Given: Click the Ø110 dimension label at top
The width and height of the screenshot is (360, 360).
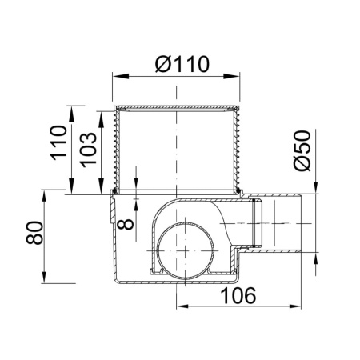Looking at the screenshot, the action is click(x=182, y=64).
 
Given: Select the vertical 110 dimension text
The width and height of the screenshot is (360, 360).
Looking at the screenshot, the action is click(x=59, y=142).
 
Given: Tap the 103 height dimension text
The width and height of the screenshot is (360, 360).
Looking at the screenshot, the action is click(x=89, y=150).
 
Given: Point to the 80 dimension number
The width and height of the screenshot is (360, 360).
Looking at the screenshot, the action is click(x=34, y=233).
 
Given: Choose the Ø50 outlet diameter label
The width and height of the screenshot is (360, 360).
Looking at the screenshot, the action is click(x=302, y=150).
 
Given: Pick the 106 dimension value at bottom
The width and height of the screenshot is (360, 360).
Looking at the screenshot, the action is click(x=238, y=295).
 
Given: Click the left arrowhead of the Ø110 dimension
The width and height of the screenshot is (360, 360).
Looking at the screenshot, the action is click(x=121, y=76).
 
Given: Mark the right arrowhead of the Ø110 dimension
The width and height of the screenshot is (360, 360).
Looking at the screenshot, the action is click(x=231, y=76).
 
